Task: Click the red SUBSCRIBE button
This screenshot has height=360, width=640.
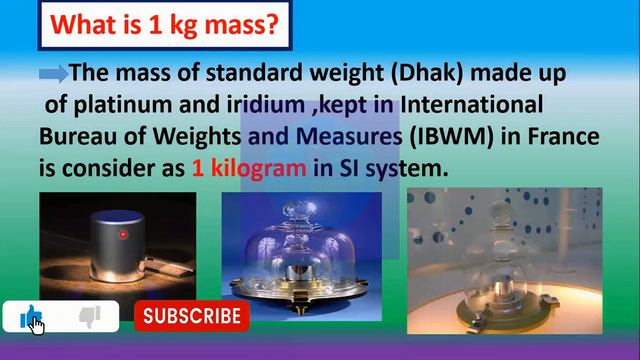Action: coord(191,317)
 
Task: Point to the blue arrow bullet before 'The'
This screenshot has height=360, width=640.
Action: coord(53,74)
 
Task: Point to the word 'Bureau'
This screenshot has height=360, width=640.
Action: coord(76,136)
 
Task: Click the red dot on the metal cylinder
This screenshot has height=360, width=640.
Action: coord(123,235)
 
